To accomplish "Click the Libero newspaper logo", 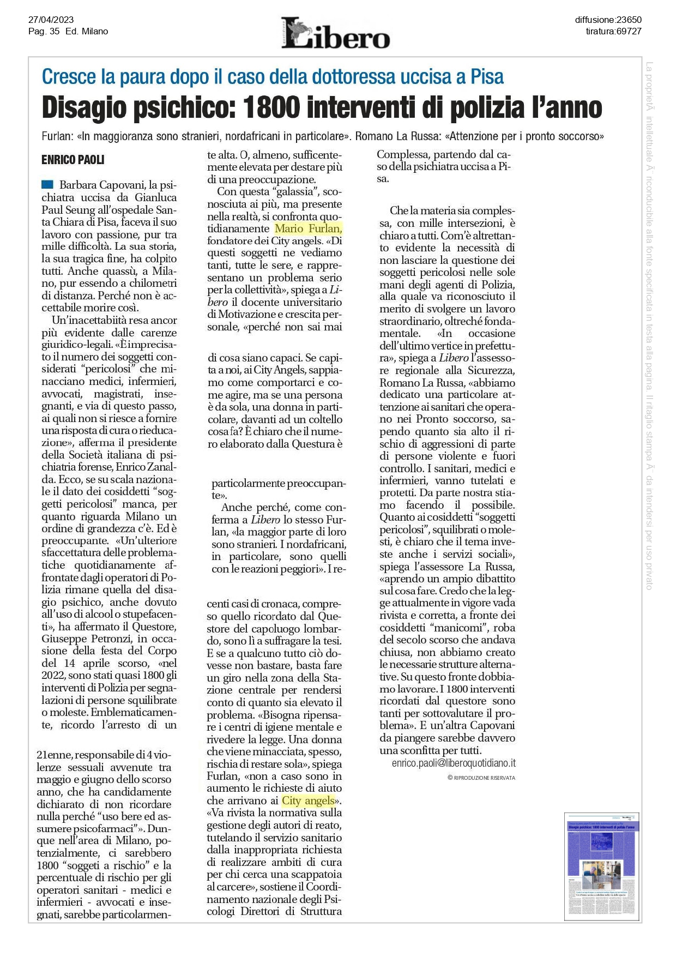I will [x=335, y=33].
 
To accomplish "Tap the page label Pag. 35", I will [x=44, y=32].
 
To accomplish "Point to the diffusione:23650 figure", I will [x=608, y=20].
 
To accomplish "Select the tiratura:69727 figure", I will [x=613, y=32].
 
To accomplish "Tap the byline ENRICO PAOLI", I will [x=73, y=160].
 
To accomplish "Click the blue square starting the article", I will [x=47, y=184].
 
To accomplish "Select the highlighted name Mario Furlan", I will [x=309, y=228].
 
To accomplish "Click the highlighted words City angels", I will [x=308, y=800].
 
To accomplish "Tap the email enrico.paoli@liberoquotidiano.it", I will [x=454, y=763].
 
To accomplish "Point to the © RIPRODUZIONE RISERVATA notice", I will [x=481, y=778].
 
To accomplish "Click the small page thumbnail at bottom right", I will [x=602, y=866].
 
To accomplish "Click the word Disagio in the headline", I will [x=90, y=107].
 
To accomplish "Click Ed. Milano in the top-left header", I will [x=87, y=32].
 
